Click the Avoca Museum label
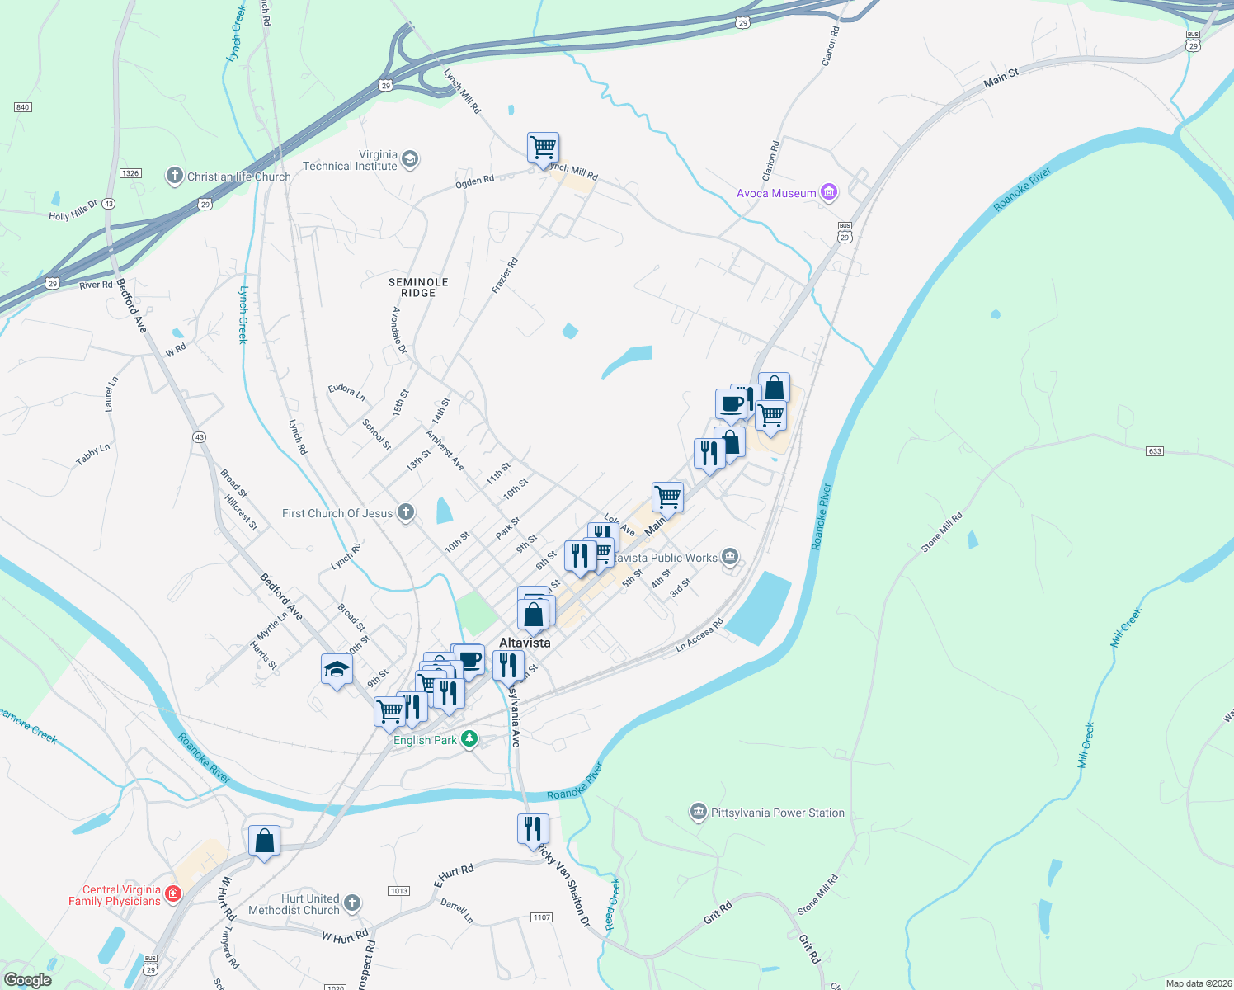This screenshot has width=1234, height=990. coord(776,193)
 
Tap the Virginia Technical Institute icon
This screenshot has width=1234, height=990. coord(410,159)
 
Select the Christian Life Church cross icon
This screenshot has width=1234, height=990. coord(174,175)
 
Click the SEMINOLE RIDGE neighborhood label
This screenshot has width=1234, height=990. coord(418,287)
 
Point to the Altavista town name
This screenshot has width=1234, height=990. coord(525,643)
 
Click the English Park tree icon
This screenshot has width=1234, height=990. coord(469,738)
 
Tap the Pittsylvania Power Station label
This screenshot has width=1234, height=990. coord(778,813)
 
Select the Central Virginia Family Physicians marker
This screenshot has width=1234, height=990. coord(172,893)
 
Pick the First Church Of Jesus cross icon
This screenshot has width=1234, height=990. coord(405,512)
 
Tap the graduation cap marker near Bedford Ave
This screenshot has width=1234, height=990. coord(337,670)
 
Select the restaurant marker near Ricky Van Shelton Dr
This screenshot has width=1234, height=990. coord(533,828)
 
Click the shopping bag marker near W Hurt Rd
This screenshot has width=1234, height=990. coord(264,841)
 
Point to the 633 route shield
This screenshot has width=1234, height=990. coord(1155,451)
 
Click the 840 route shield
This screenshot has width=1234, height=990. coord(22,107)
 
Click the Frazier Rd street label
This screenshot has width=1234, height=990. coord(505,275)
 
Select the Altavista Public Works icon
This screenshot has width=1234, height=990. coord(730,557)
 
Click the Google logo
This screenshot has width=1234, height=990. coord(27,979)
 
